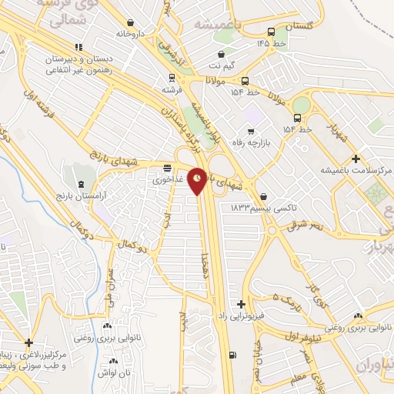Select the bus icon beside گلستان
coord(271,32)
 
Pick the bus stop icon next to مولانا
coord(245,81)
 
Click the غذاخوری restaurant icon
coord(168,169)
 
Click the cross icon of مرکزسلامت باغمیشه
coord(355,158)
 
